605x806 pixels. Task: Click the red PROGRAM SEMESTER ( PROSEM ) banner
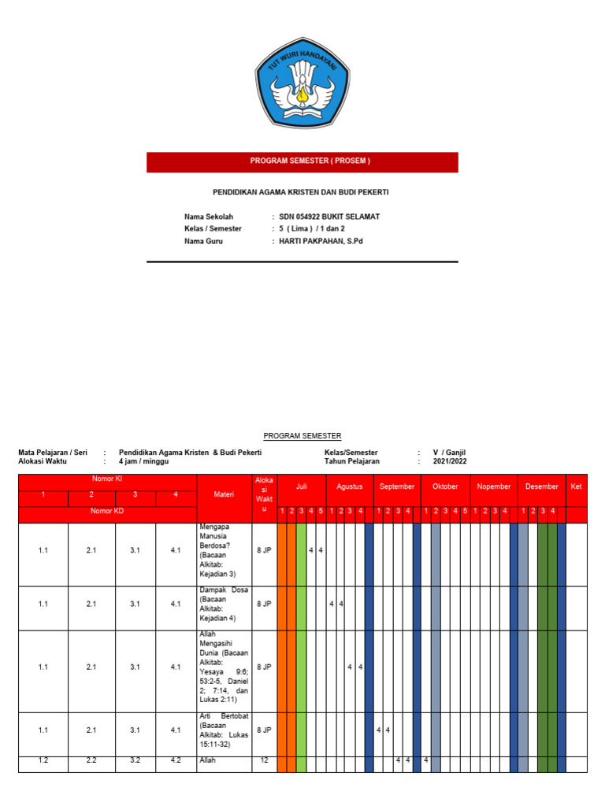coord(302,161)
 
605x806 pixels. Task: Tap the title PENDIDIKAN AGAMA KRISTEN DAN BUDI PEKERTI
coord(302,191)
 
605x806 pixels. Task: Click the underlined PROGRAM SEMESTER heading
coord(302,435)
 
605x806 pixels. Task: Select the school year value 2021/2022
coord(450,461)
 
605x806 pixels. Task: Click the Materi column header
coord(224,494)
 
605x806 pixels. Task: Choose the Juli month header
coord(301,486)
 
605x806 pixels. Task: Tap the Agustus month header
coord(349,486)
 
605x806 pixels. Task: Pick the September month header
coord(397,486)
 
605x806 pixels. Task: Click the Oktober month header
coord(445,486)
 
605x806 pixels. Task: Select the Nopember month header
coord(494,486)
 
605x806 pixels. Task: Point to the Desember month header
coord(541,486)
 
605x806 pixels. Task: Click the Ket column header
coord(576,486)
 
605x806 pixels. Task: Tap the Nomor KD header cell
coord(107,511)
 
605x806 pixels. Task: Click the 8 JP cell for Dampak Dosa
coord(264,604)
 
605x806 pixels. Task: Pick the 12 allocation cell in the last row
coord(264,761)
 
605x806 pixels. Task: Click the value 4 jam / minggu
coord(139,461)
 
